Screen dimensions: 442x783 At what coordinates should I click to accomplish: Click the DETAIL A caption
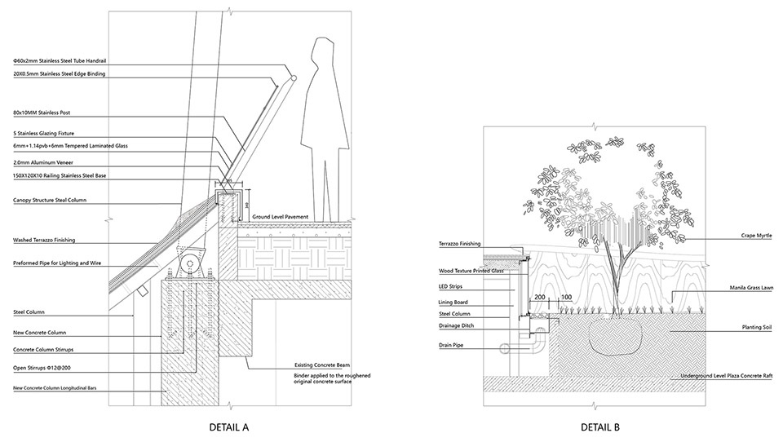coord(228,426)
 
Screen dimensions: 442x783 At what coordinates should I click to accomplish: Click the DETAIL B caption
coord(599,426)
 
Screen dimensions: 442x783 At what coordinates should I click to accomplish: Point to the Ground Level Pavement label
coord(280,216)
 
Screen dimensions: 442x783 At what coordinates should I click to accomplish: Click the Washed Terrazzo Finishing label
coord(44,241)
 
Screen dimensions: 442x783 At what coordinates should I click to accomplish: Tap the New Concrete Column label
coord(39,333)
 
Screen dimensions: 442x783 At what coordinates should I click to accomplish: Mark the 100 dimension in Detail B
coord(566,298)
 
